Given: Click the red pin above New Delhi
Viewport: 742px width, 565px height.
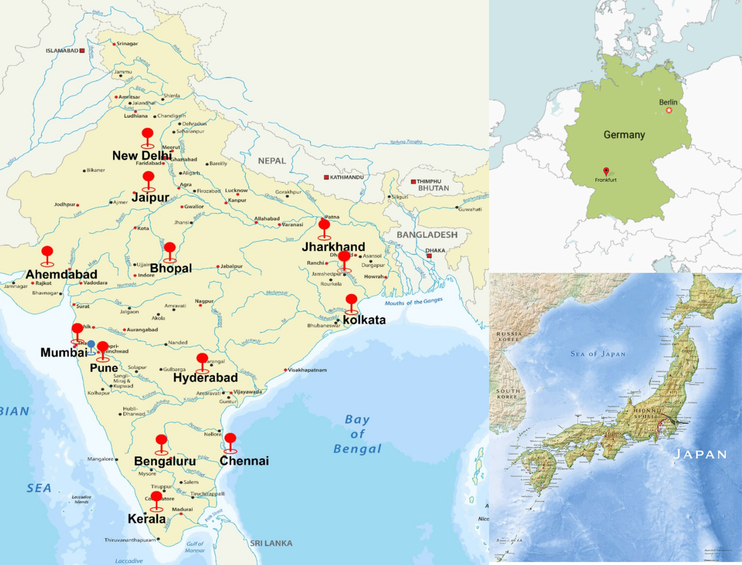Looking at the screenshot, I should click(x=147, y=134).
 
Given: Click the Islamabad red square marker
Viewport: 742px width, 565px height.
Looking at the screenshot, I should click(x=82, y=50).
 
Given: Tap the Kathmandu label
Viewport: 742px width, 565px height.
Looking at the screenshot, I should click(x=346, y=177).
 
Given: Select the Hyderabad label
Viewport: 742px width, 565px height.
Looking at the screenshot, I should click(x=205, y=378).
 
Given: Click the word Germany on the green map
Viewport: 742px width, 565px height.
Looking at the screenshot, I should click(x=624, y=135).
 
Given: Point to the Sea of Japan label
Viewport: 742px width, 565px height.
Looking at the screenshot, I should click(x=598, y=354).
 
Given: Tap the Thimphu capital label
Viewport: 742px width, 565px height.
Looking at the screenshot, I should click(x=429, y=181).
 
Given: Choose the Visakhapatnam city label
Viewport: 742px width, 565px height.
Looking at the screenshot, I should click(x=307, y=370).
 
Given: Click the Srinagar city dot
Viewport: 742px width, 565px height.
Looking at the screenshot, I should click(x=114, y=44).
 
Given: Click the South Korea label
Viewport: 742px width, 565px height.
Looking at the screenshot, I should click(x=508, y=394).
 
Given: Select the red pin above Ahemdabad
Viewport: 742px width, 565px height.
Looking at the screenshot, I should click(x=47, y=252).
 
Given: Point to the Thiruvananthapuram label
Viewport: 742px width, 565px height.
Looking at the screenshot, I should click(x=130, y=540).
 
